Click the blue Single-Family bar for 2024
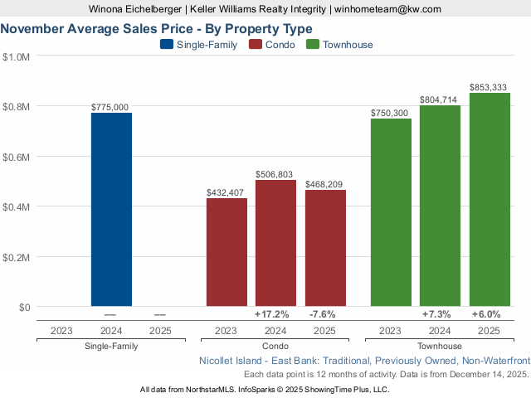[111, 210]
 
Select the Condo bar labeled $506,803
[275, 243]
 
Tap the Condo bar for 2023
[227, 252]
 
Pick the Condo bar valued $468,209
[325, 248]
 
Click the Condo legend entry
[274, 45]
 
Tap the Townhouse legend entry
[339, 45]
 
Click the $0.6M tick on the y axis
[17, 157]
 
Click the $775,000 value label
[110, 107]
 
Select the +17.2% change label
[272, 314]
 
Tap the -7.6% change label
[322, 314]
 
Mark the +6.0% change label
[486, 314]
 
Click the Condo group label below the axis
[275, 346]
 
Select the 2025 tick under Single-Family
[160, 330]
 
